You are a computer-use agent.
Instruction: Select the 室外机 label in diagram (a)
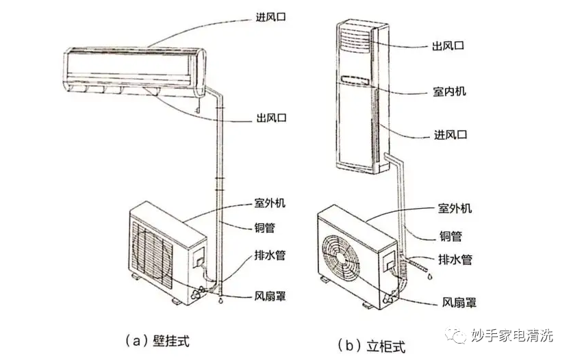[268, 205]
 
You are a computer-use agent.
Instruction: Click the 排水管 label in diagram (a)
[268, 255]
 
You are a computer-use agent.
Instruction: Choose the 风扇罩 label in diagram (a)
[268, 296]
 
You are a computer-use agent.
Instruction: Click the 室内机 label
[450, 91]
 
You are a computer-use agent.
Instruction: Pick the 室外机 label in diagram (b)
[455, 208]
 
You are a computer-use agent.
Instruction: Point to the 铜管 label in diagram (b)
[450, 237]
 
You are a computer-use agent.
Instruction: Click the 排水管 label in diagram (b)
[455, 260]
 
